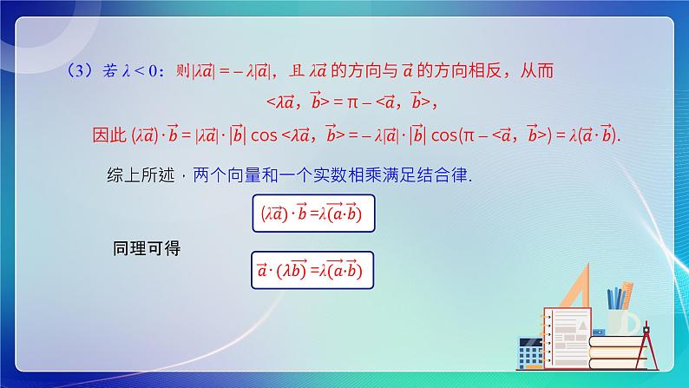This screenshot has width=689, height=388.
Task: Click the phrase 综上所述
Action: [136, 174]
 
